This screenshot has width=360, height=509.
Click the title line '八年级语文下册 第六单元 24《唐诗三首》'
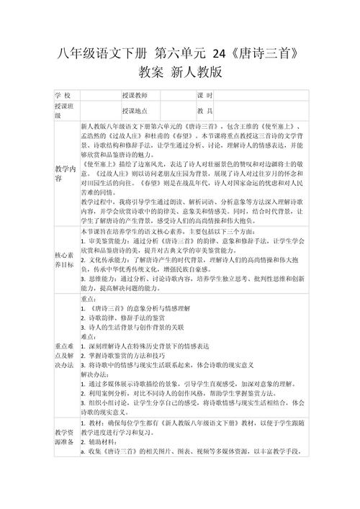(x=179, y=54)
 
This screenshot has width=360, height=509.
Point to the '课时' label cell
(x=205, y=96)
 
